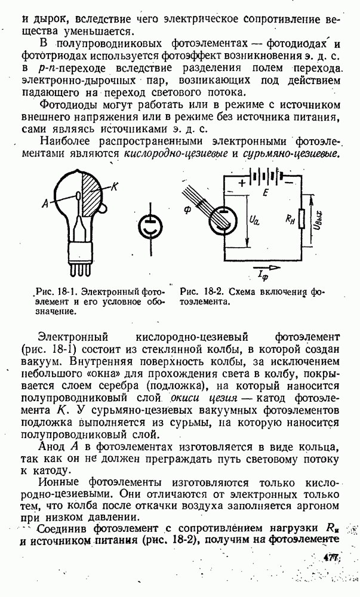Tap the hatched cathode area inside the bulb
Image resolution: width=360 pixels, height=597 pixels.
pos(91,195)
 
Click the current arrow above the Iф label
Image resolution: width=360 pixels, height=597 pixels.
pos(265,268)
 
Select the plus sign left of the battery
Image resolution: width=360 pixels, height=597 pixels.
pos(242,183)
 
